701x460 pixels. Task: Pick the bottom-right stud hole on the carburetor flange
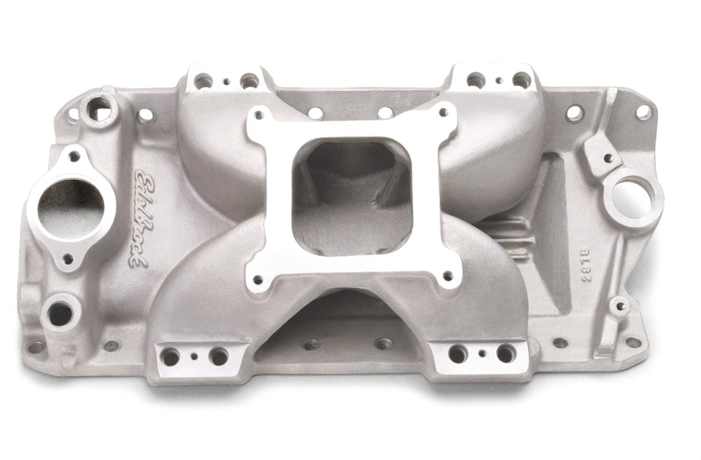click(447, 277)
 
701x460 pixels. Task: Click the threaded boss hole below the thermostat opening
click(60, 312)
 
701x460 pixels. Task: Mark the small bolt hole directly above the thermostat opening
click(74, 156)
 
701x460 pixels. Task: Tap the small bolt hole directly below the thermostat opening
click(68, 259)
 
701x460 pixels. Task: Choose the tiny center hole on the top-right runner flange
click(499, 81)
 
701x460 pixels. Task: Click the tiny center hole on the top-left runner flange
click(227, 82)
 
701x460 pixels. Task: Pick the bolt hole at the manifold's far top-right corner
click(643, 112)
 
